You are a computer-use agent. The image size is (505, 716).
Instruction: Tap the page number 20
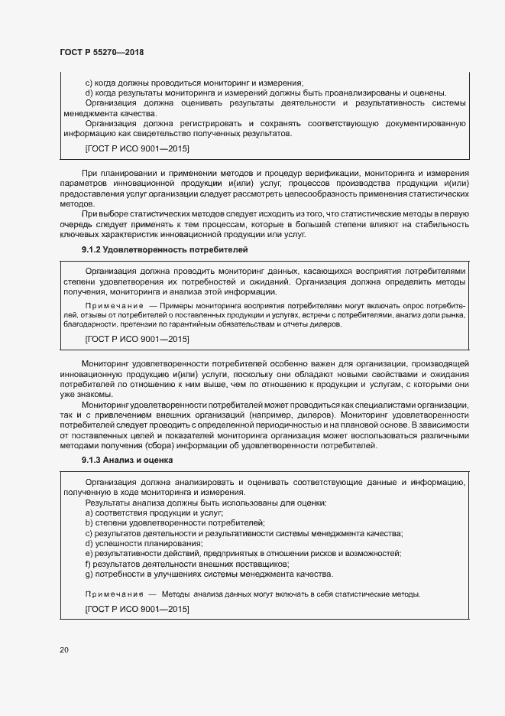63,650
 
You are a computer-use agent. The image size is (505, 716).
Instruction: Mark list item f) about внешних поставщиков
186,564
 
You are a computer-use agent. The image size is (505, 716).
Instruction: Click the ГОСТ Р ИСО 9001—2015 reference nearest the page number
137,610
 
